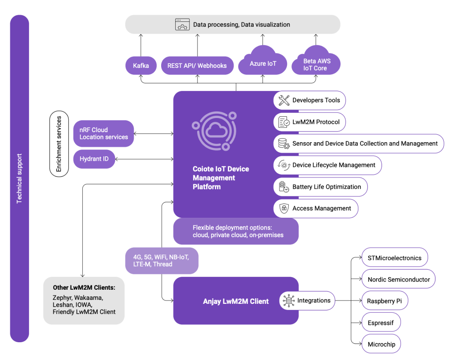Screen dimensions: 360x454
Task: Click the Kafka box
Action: tap(141, 65)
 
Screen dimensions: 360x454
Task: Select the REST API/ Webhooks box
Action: tap(197, 65)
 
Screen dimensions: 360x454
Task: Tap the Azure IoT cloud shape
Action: tap(263, 63)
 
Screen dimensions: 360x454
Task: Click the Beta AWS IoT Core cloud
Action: tap(315, 65)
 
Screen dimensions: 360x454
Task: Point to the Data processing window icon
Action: tap(182, 24)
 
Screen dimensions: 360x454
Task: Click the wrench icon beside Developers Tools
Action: tap(284, 100)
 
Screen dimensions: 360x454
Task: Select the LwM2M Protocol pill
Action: tap(309, 122)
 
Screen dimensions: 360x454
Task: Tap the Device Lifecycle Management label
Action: tap(334, 165)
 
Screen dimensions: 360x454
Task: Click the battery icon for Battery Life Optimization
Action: tap(284, 187)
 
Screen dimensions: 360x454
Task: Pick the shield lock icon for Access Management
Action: tap(284, 208)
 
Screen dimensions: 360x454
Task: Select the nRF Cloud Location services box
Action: tap(103, 133)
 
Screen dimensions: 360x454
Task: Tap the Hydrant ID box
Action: tap(94, 159)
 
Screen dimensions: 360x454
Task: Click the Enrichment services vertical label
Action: tap(59, 144)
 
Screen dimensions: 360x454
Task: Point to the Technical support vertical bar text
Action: tap(19, 178)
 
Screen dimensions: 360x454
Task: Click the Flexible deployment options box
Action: tap(236, 232)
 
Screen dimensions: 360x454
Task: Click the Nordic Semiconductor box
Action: tap(399, 279)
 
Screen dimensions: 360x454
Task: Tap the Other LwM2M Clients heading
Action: tap(84, 288)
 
